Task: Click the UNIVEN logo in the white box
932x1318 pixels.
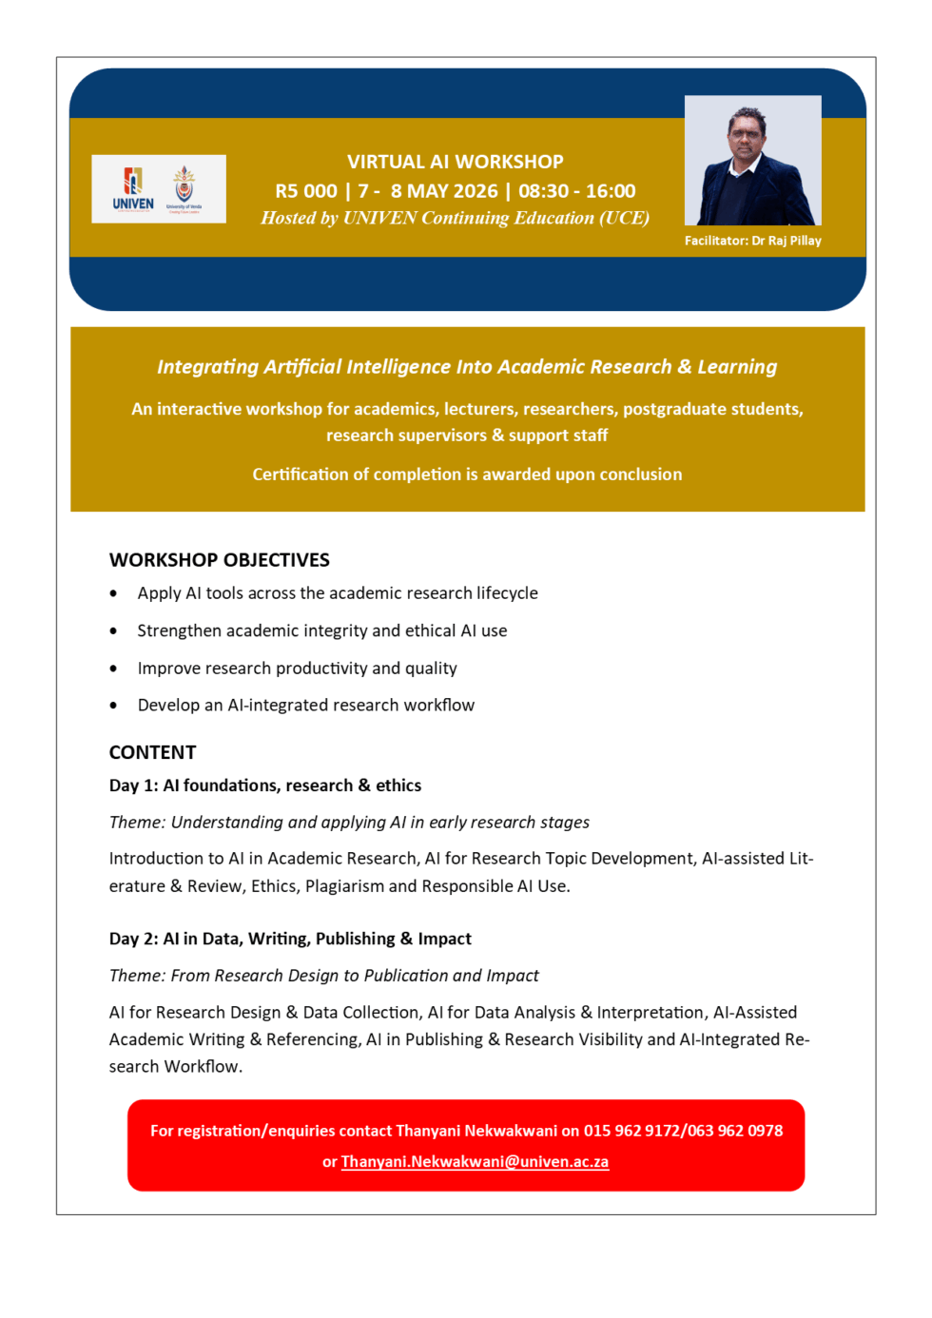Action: [x=133, y=188]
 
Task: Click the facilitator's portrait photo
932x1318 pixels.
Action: [x=752, y=160]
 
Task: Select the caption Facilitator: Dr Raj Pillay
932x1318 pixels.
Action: [x=752, y=241]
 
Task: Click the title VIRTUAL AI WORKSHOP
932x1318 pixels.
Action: [x=455, y=162]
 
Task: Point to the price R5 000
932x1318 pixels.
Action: [x=306, y=191]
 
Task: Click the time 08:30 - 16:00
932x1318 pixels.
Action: [x=576, y=191]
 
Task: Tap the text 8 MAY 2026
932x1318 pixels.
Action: [x=444, y=191]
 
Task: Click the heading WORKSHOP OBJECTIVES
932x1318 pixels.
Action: [x=220, y=560]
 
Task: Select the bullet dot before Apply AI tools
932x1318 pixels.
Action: [x=114, y=593]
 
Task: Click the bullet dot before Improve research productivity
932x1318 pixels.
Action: [x=114, y=669]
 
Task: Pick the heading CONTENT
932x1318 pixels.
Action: [x=152, y=752]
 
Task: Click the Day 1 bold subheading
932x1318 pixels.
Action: [x=265, y=785]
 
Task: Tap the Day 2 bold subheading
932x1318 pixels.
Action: [x=290, y=939]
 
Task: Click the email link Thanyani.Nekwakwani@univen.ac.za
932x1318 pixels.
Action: [x=475, y=1161]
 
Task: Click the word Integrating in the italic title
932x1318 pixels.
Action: [x=207, y=367]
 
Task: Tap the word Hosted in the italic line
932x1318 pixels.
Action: [x=288, y=218]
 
